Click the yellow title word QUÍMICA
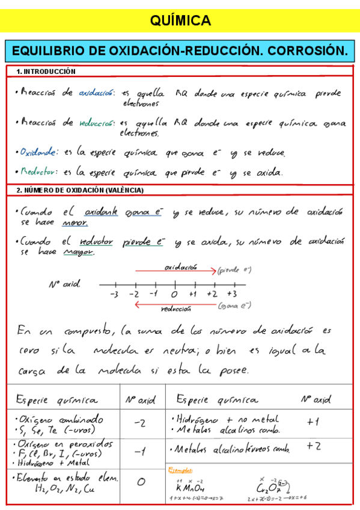180,21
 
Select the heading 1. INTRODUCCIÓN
46,72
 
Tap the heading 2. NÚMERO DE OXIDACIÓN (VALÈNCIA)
79,190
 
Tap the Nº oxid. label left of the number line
64,283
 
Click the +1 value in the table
313,422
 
